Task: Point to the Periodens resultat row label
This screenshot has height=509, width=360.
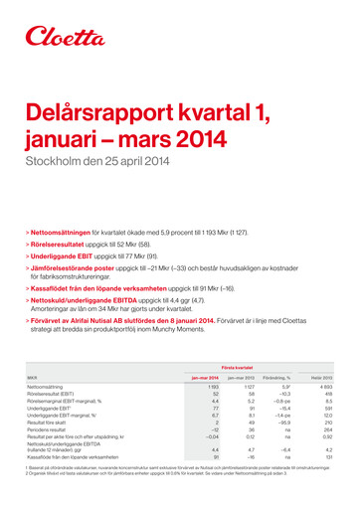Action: tap(46, 427)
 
